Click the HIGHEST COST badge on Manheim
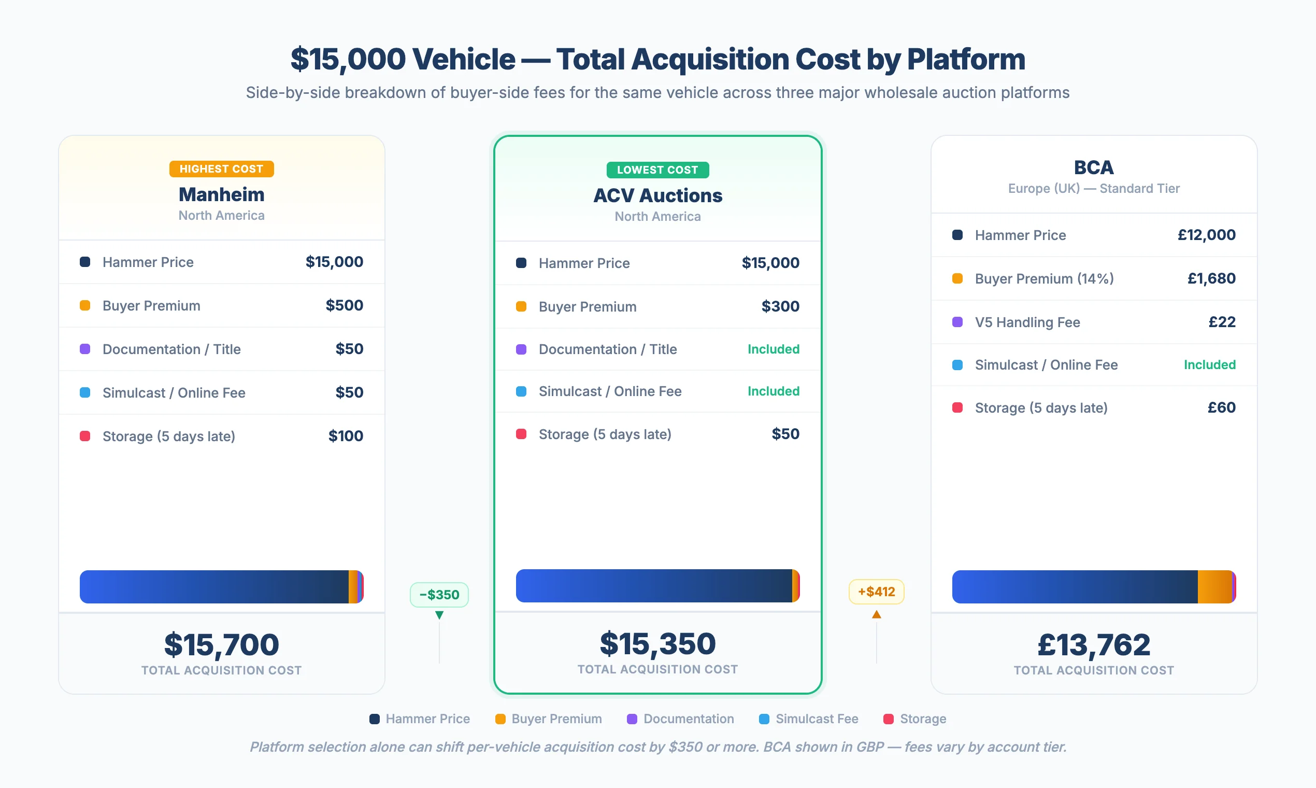(x=221, y=169)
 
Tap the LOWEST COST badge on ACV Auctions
(x=657, y=170)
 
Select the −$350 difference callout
(x=439, y=594)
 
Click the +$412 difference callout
(x=876, y=592)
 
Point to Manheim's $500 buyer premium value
(x=344, y=305)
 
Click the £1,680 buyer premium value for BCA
(x=1211, y=278)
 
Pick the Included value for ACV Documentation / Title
(x=773, y=349)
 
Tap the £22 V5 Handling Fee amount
(x=1222, y=322)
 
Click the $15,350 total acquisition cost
(x=657, y=643)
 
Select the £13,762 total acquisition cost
(x=1094, y=644)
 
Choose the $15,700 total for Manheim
(x=221, y=644)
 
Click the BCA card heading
(x=1094, y=167)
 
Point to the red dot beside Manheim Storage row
(x=85, y=436)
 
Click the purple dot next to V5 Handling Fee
(x=957, y=322)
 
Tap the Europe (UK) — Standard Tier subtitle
(x=1094, y=189)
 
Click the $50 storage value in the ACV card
(x=785, y=434)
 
